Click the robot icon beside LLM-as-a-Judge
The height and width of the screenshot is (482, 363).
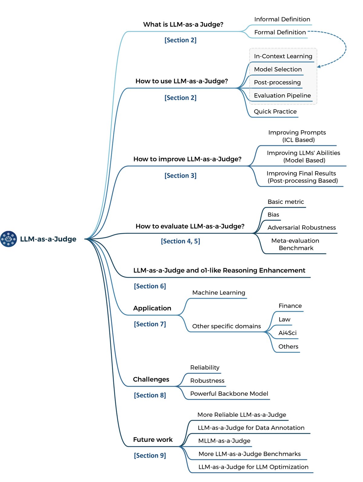pyautogui.click(x=8, y=239)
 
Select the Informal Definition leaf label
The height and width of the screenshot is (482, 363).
pyautogui.click(x=282, y=19)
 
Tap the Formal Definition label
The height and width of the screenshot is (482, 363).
pyautogui.click(x=280, y=32)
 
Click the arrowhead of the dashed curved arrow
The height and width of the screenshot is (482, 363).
pyautogui.click(x=319, y=66)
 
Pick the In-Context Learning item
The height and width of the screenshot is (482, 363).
pyautogui.click(x=283, y=56)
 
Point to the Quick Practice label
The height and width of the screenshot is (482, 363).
pyautogui.click(x=275, y=111)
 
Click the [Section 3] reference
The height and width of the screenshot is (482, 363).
pyautogui.click(x=180, y=175)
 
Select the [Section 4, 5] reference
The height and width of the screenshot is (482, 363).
pyautogui.click(x=180, y=241)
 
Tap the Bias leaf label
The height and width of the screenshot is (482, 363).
pyautogui.click(x=273, y=215)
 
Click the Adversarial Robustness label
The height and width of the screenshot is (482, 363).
pyautogui.click(x=301, y=227)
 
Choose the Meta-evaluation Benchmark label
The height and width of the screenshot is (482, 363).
pyautogui.click(x=295, y=244)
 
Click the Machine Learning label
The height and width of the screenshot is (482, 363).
pyautogui.click(x=218, y=293)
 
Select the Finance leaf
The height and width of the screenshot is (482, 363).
pyautogui.click(x=290, y=306)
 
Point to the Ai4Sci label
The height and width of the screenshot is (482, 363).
pyautogui.click(x=287, y=333)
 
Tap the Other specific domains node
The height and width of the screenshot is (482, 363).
pyautogui.click(x=226, y=326)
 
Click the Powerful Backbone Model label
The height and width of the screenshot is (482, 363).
pyautogui.click(x=229, y=394)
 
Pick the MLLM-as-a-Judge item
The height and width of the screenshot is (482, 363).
pyautogui.click(x=224, y=441)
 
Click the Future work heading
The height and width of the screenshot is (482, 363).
pyautogui.click(x=153, y=439)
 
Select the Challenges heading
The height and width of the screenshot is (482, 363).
pyautogui.click(x=151, y=379)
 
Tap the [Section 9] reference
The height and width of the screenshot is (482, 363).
pyautogui.click(x=150, y=455)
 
